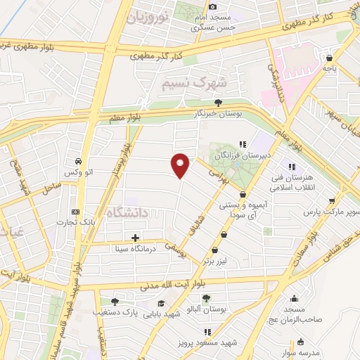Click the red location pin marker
click(x=181, y=165)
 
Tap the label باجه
click(x=330, y=68)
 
